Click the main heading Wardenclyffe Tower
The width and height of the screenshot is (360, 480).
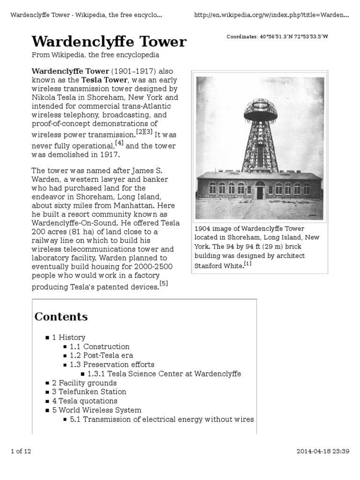(x=109, y=42)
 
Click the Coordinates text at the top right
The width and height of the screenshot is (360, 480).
(x=277, y=37)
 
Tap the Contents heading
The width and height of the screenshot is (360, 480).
(x=61, y=317)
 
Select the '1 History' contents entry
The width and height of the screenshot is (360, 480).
(x=68, y=337)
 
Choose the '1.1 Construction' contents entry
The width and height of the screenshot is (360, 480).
(x=99, y=346)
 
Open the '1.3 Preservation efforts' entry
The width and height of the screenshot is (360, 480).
(x=112, y=364)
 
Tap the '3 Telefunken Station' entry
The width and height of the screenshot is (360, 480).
(x=89, y=391)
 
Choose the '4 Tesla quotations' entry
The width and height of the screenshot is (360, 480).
(x=84, y=401)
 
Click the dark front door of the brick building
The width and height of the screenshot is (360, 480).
(x=260, y=192)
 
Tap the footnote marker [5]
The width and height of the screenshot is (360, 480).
(x=164, y=284)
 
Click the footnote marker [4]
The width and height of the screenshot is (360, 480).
(x=119, y=142)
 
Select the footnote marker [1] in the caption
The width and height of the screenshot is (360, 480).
(x=247, y=263)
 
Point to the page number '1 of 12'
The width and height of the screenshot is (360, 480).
(x=21, y=451)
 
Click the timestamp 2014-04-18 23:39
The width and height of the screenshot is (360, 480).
(x=323, y=451)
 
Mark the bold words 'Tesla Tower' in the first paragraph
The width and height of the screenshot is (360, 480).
(x=104, y=80)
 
